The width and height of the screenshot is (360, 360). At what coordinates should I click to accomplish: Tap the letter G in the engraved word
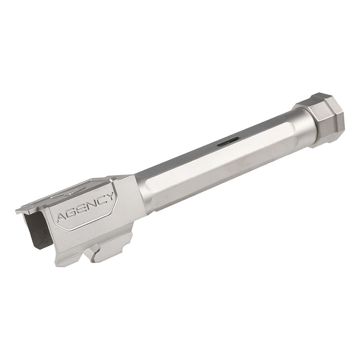tap(72, 212)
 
